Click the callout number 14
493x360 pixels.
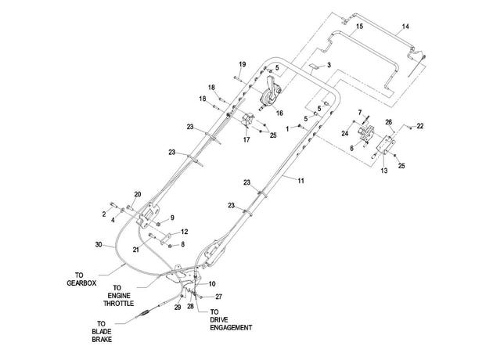tap(405, 27)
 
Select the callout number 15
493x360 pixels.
tap(360, 26)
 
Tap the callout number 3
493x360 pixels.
tap(329, 65)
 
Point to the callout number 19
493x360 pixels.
tap(242, 64)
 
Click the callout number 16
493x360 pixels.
tap(279, 113)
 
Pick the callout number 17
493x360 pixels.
tap(246, 139)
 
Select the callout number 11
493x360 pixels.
tap(301, 181)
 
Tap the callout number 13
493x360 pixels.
tap(384, 171)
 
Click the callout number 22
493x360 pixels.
tap(420, 126)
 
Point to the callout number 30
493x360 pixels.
tap(99, 244)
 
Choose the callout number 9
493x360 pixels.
tap(172, 218)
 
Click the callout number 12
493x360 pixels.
tap(184, 232)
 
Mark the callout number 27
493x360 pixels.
tap(218, 297)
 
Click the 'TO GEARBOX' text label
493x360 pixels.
tap(81, 279)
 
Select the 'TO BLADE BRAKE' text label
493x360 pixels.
tap(102, 331)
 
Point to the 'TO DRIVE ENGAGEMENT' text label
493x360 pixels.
tap(231, 320)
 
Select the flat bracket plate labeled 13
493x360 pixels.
tap(386, 146)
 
